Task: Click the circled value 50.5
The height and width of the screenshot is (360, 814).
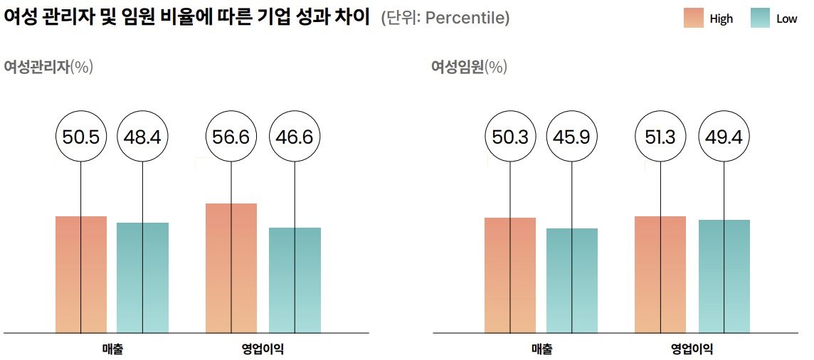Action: [81, 137]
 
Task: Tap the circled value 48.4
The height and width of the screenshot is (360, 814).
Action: [142, 137]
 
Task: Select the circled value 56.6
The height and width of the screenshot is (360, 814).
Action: [231, 137]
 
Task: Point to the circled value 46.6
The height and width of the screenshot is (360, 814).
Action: [295, 137]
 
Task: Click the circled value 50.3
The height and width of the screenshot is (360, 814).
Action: [510, 137]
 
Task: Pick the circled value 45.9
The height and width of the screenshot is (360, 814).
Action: [571, 137]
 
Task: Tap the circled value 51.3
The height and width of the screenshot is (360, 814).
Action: [660, 137]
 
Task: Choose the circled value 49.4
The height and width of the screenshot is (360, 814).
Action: [724, 137]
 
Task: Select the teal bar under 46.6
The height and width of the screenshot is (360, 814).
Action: [295, 280]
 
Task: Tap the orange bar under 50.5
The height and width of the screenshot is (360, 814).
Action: [81, 275]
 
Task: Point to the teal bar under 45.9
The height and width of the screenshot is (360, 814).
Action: [571, 280]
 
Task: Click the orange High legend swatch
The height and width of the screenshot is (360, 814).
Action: [693, 18]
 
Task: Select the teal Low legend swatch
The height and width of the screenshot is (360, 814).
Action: [760, 18]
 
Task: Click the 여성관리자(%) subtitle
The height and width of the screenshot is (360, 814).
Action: [48, 67]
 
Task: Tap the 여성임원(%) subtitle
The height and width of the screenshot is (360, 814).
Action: [469, 67]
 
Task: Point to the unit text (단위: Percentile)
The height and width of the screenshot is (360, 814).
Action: [445, 18]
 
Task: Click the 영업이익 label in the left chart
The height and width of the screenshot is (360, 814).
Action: [263, 349]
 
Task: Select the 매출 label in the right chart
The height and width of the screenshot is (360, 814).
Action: [541, 349]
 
